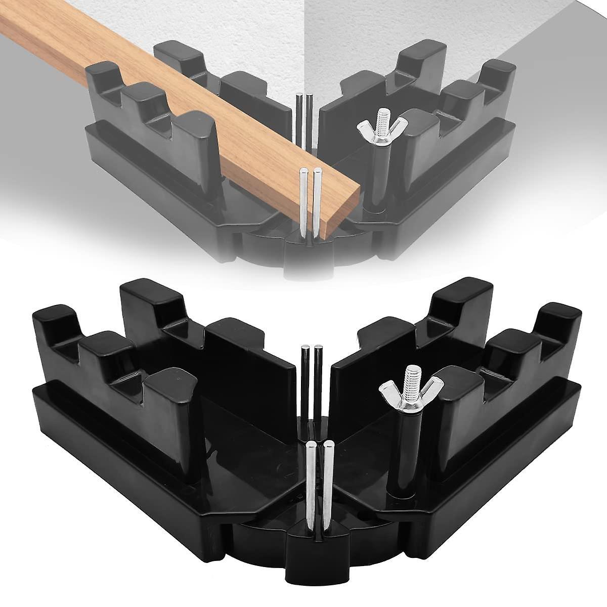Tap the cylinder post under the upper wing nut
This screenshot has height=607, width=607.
click(376, 172)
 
